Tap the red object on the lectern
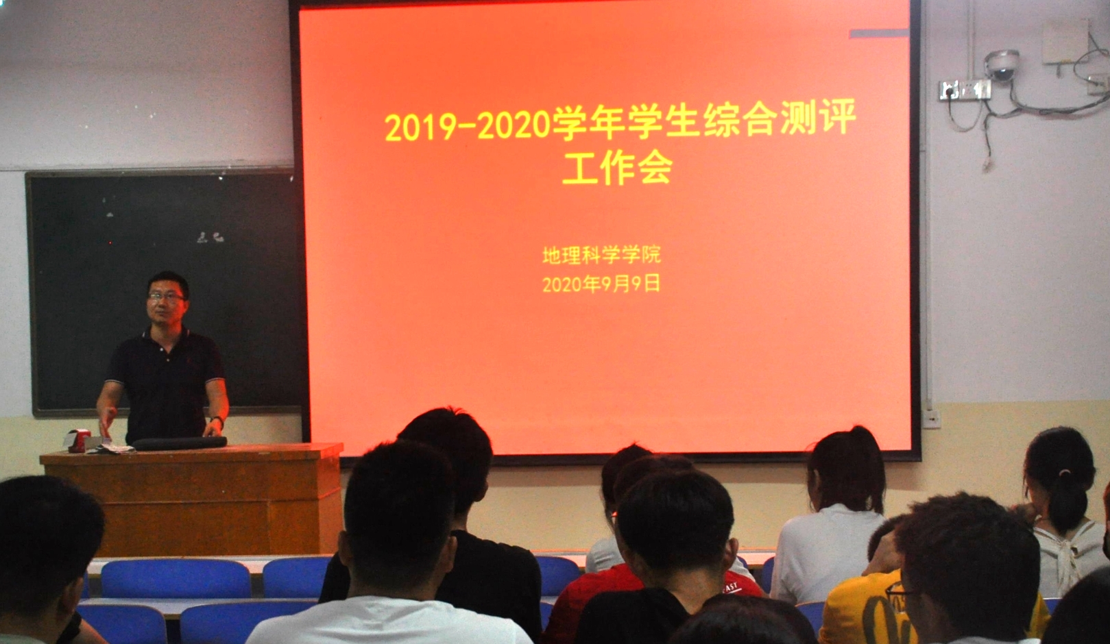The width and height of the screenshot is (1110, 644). tap(78, 440)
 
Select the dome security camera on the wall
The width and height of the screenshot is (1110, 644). tap(1002, 65)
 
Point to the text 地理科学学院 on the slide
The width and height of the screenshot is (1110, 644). tap(601, 255)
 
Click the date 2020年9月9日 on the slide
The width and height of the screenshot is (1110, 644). tap(601, 284)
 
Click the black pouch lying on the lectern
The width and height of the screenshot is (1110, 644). tap(180, 443)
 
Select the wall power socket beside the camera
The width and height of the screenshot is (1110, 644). tap(965, 90)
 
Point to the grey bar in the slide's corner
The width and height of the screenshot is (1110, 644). tap(879, 34)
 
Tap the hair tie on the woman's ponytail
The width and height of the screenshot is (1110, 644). tap(1063, 473)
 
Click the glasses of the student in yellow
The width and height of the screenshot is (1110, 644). tap(900, 590)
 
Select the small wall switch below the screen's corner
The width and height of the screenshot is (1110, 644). tap(932, 419)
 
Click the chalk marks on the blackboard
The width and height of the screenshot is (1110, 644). tap(210, 238)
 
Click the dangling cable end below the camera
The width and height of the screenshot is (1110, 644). tap(987, 163)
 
